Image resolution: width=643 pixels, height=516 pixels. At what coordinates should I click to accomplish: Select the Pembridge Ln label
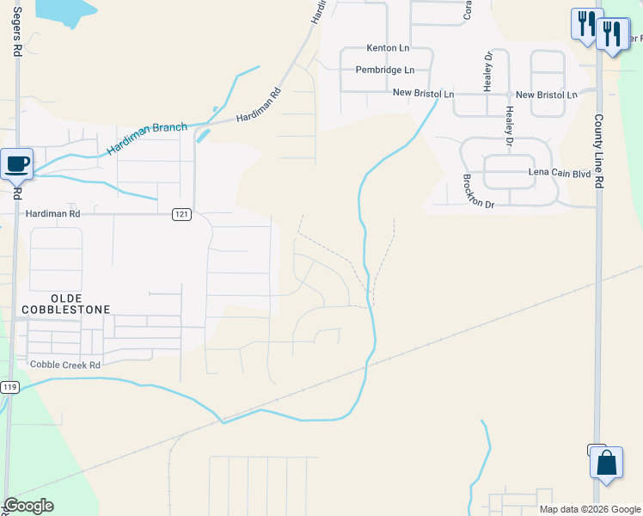point(385,70)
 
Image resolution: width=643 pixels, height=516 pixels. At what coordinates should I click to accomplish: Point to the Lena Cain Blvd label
point(560,172)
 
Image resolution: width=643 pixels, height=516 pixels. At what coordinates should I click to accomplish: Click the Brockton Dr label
point(479,192)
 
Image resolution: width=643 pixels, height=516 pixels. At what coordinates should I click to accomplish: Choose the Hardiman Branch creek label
point(147,139)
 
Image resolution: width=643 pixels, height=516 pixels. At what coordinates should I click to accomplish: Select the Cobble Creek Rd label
point(65,365)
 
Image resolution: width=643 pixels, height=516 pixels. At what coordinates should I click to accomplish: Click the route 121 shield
point(181,214)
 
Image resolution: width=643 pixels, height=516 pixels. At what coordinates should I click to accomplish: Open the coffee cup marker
point(17,163)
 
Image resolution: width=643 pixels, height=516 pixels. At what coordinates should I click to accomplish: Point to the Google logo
point(28,506)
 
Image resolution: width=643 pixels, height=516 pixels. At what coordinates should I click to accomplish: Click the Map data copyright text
point(589,509)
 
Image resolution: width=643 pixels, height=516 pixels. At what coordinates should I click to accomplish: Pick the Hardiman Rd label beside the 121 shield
point(52,213)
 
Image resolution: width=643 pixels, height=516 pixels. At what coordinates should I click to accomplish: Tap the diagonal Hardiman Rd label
point(258,106)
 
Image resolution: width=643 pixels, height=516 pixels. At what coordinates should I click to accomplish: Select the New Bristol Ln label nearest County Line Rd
point(547,94)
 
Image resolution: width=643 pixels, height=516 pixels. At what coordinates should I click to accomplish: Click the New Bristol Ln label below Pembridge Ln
point(423,93)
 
